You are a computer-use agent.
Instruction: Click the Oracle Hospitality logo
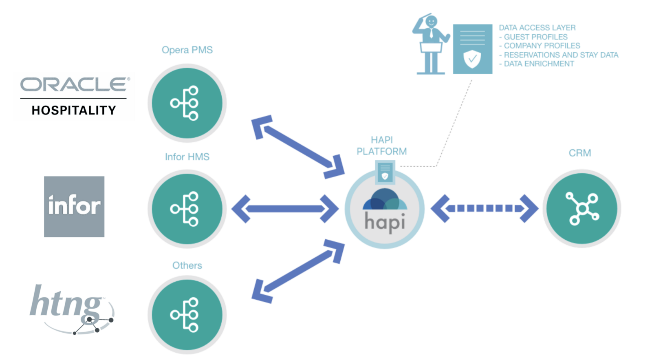pyautogui.click(x=75, y=96)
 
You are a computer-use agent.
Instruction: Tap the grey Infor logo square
pyautogui.click(x=74, y=207)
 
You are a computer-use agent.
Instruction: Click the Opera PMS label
pyautogui.click(x=187, y=50)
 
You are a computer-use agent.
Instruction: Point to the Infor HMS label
pyautogui.click(x=187, y=157)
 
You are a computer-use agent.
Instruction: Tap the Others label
pyautogui.click(x=187, y=265)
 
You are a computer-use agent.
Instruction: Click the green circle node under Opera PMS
pyautogui.click(x=187, y=103)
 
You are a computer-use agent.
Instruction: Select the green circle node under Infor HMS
pyautogui.click(x=187, y=209)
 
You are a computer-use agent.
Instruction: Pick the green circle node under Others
pyautogui.click(x=187, y=315)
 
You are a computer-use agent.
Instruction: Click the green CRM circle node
pyautogui.click(x=582, y=209)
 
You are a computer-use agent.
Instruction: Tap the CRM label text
pyautogui.click(x=580, y=153)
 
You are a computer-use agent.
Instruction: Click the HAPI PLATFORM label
pyautogui.click(x=381, y=146)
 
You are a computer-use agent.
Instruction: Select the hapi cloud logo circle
pyautogui.click(x=385, y=209)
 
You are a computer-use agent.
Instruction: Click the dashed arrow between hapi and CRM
pyautogui.click(x=485, y=208)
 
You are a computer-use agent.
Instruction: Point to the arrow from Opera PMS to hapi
pyautogui.click(x=298, y=147)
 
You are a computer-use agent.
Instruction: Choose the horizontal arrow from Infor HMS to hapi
pyautogui.click(x=285, y=209)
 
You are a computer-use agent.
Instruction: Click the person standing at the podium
pyautogui.click(x=431, y=44)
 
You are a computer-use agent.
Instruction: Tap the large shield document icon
pyautogui.click(x=473, y=49)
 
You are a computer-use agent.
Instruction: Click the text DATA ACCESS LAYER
pyautogui.click(x=537, y=28)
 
